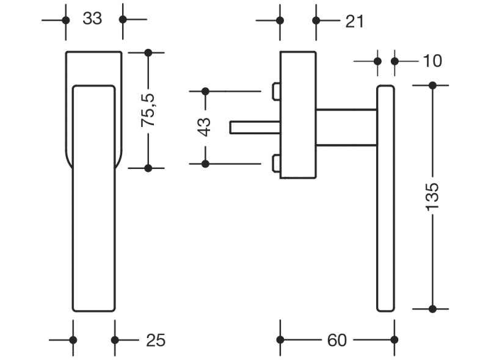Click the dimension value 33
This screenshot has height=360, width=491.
click(92, 19)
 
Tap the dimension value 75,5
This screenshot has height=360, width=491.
click(149, 110)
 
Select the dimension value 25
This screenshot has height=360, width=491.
click(156, 340)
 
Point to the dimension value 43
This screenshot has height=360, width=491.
click(205, 127)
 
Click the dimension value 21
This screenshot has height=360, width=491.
click(354, 21)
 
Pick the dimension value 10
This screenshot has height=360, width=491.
click(431, 61)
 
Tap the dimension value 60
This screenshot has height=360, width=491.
click(336, 340)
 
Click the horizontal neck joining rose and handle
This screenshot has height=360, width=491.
click(346, 127)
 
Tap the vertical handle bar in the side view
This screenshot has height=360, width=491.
click(385, 198)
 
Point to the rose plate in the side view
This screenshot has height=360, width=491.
click(298, 115)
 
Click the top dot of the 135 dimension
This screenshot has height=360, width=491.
click(432, 85)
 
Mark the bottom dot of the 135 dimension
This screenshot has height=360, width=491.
click(432, 309)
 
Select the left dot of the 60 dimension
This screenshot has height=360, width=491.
click(280, 340)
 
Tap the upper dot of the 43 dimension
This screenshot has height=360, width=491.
click(205, 92)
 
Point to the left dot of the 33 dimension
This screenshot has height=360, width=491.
click(65, 20)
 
